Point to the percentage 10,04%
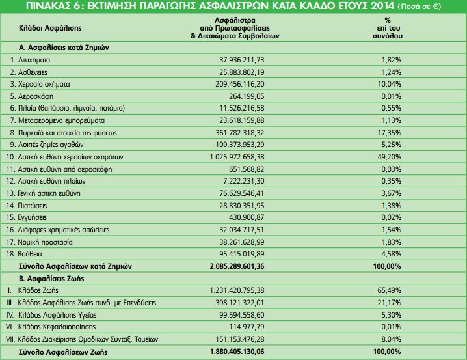click(x=388, y=84)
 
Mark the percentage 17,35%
click(x=388, y=133)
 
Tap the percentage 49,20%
click(x=388, y=157)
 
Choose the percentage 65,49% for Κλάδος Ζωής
click(x=388, y=290)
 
